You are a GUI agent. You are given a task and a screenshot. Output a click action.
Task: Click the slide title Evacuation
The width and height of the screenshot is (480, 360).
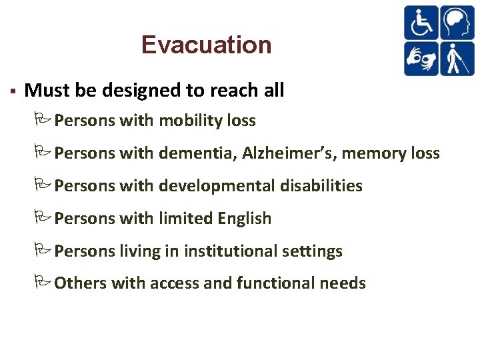pyautogui.click(x=206, y=45)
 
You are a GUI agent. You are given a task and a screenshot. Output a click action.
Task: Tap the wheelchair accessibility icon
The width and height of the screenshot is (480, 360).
pyautogui.click(x=421, y=23)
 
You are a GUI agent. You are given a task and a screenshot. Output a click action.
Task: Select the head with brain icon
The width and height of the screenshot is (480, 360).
pyautogui.click(x=457, y=23)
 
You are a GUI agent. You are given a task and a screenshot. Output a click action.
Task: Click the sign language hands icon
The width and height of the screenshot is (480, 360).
pyautogui.click(x=421, y=58)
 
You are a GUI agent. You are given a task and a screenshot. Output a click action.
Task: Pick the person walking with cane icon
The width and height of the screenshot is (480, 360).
pyautogui.click(x=457, y=58)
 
